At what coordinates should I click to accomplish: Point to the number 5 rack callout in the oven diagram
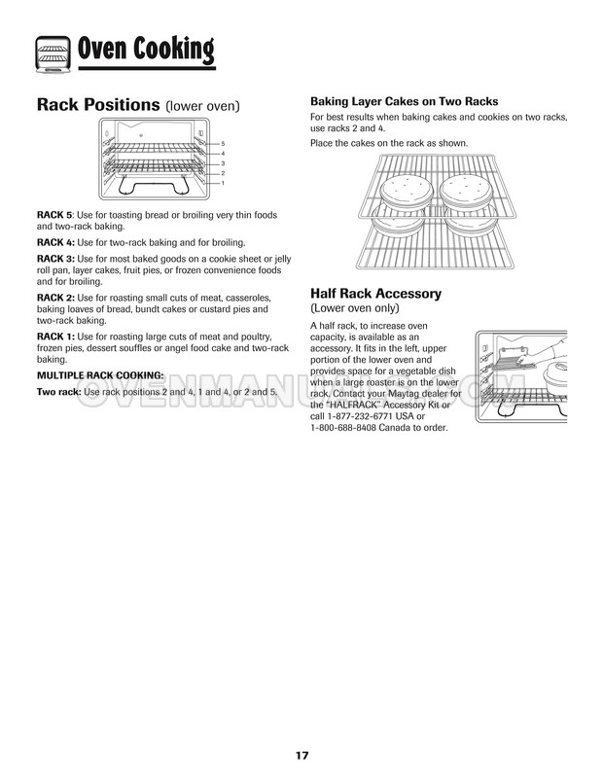[x=223, y=143]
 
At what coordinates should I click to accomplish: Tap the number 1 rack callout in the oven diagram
[x=223, y=183]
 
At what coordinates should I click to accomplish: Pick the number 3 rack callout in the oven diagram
[x=223, y=163]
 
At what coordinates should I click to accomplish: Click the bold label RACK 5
[x=54, y=213]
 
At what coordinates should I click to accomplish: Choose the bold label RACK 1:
[x=56, y=336]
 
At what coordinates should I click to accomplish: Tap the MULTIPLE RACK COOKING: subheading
[x=100, y=373]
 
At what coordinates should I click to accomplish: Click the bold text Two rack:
[x=58, y=391]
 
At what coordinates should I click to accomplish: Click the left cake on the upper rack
[x=403, y=189]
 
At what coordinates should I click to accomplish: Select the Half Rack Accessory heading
[x=375, y=293]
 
